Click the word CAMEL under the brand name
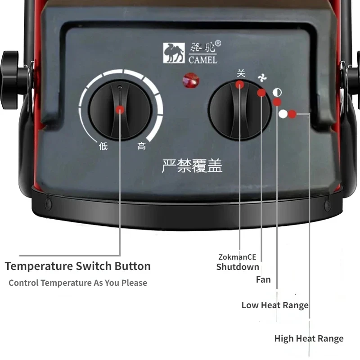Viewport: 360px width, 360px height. pos(203,60)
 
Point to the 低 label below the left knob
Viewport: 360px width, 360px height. pos(103,146)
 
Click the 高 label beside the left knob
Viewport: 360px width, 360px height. pos(142,146)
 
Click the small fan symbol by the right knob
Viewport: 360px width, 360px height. pos(262,78)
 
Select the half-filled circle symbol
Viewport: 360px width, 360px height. pos(277,93)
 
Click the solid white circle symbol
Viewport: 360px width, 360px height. pos(283,114)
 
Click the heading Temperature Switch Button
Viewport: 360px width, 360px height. pos(78,266)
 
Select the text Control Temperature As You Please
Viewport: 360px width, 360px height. pos(78,283)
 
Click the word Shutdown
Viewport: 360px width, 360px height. pos(238,267)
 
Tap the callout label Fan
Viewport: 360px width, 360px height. pos(263,279)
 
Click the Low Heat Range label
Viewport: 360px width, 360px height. pos(275,305)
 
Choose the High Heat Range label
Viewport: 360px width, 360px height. pos(309,338)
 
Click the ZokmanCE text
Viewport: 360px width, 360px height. pos(237,257)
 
